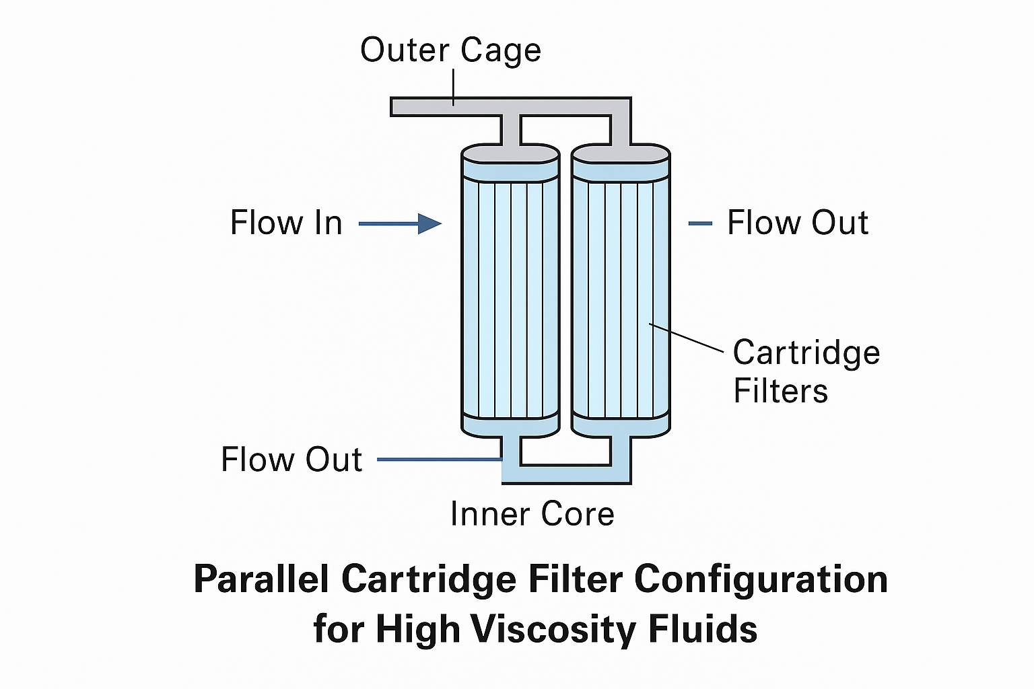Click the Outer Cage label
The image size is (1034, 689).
(x=450, y=50)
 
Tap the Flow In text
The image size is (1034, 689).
(x=286, y=223)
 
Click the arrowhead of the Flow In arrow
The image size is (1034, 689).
(x=429, y=223)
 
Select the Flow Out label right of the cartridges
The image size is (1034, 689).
(x=798, y=223)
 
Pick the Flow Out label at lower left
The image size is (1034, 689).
(x=291, y=460)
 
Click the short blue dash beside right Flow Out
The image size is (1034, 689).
(x=700, y=223)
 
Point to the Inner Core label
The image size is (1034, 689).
(x=532, y=514)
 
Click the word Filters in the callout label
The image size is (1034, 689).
(x=780, y=391)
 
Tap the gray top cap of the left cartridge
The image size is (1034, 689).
(x=510, y=154)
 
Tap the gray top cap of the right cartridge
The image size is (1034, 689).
(x=621, y=154)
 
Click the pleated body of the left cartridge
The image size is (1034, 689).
(x=510, y=296)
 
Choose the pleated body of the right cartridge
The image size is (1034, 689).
(x=621, y=296)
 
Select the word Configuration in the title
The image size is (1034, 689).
(x=761, y=579)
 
